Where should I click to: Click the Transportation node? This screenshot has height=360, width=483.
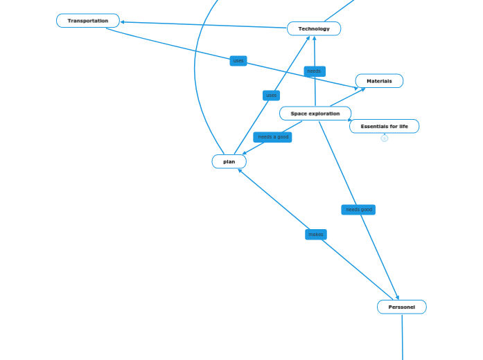88,21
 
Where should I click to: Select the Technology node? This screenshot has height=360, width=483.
314,28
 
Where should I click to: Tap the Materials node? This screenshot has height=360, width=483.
379,81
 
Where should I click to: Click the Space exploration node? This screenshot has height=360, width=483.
315,114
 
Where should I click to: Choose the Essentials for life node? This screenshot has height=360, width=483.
384,126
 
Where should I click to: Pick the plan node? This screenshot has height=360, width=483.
229,161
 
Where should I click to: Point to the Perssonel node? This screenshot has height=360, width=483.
401,307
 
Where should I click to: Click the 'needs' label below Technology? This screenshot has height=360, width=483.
314,71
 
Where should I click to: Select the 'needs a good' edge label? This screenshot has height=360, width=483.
272,137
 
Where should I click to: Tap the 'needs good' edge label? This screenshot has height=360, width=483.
358,210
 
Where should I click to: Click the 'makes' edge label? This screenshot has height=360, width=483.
315,235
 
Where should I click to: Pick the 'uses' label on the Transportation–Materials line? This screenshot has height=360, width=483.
238,61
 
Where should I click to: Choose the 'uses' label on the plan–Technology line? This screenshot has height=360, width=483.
271,96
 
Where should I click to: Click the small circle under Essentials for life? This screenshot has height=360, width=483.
385,138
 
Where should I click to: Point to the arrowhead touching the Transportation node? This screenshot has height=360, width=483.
123,22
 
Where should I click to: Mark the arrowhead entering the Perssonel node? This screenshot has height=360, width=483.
398,298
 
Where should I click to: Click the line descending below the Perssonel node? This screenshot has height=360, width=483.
402,339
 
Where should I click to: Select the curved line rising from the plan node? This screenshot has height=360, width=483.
195,76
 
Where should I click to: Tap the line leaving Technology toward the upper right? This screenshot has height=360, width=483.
340,10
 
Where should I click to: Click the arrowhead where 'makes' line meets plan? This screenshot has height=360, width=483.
240,170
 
